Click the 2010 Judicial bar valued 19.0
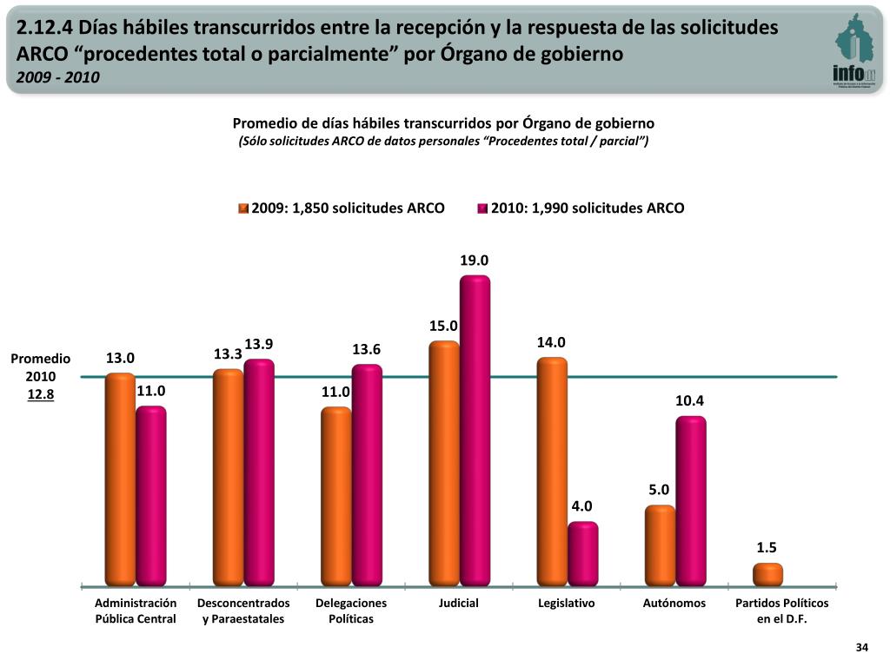[x=475, y=430]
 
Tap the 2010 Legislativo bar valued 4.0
[x=582, y=553]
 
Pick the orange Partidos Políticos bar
[x=767, y=574]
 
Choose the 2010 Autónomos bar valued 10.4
[x=691, y=500]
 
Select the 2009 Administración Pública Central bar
[x=120, y=479]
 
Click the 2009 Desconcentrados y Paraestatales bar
[x=228, y=477]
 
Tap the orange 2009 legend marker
[x=244, y=208]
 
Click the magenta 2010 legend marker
[x=482, y=208]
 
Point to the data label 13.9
[x=259, y=345]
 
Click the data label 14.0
[x=551, y=343]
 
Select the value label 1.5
[x=767, y=547]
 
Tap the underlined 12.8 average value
[x=41, y=394]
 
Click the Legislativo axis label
[x=567, y=603]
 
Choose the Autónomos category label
[x=674, y=603]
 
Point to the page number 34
[x=862, y=647]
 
